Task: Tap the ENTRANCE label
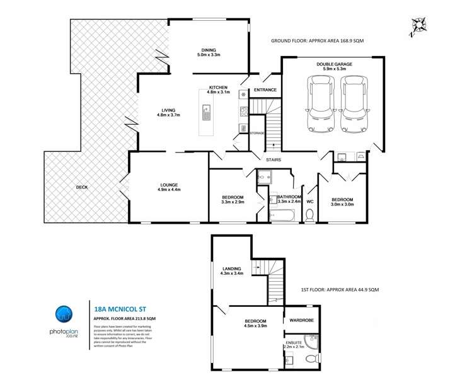point(265,89)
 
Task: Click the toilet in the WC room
point(309,215)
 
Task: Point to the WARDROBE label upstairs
point(302,320)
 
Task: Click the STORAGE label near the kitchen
point(256,133)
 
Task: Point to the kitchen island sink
point(206,114)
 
